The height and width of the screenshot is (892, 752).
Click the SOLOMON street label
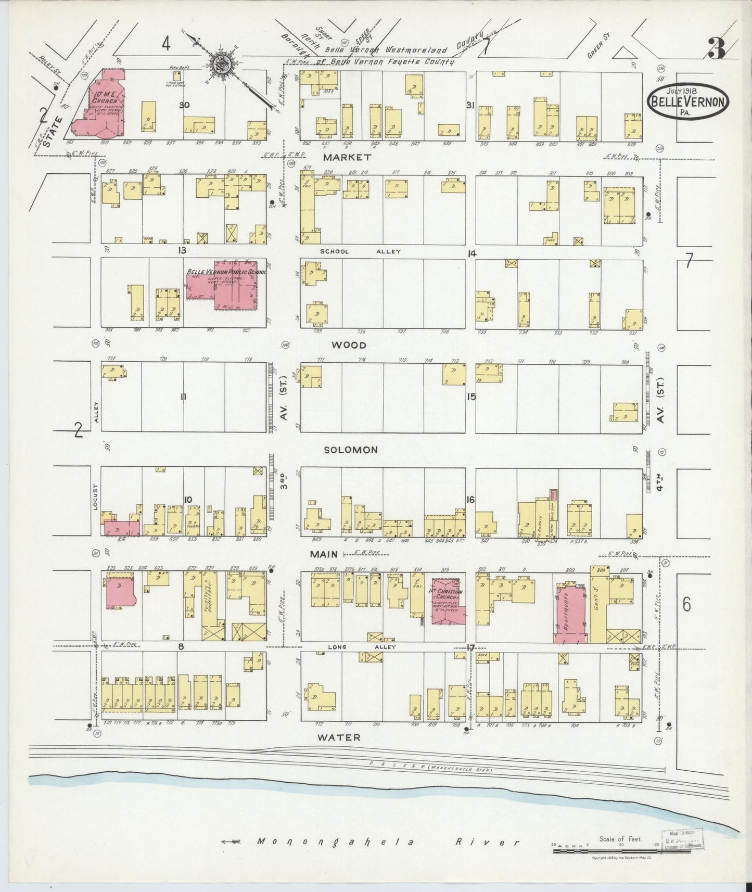tap(351, 450)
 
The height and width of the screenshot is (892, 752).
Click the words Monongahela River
tap(388, 842)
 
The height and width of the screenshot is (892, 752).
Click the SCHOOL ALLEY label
tap(360, 251)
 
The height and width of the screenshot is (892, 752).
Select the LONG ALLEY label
tap(362, 647)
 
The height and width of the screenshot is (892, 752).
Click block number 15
tap(471, 397)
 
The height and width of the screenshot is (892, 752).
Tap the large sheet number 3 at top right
tap(718, 49)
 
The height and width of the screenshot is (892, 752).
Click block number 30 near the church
tap(184, 105)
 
